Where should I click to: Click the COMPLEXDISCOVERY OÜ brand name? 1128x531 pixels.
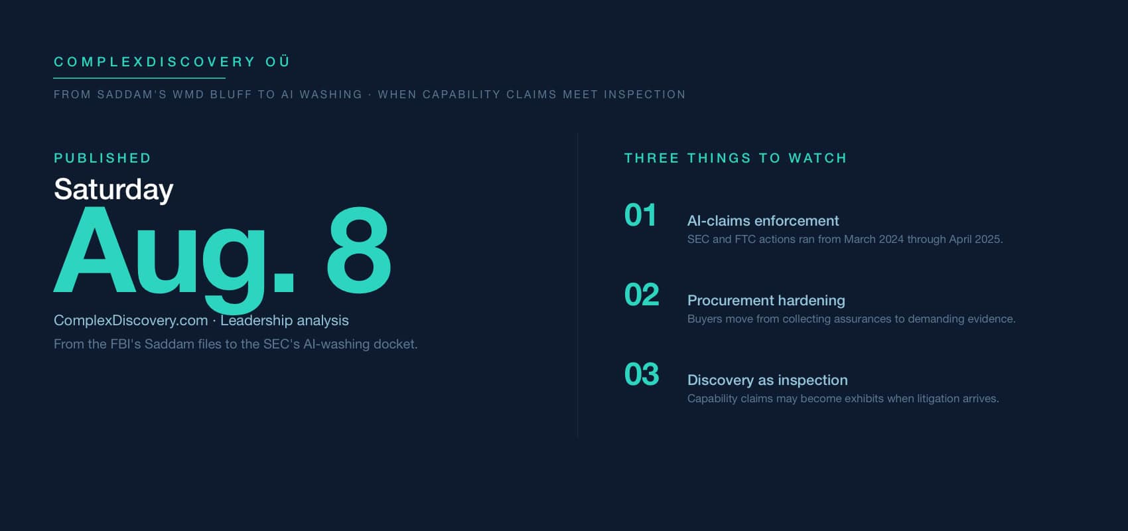(x=172, y=62)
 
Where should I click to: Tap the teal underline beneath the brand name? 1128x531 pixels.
(x=139, y=78)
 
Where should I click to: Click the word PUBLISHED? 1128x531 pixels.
(x=103, y=158)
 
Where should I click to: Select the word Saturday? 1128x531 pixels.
(x=113, y=189)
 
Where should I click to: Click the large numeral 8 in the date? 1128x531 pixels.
(x=359, y=250)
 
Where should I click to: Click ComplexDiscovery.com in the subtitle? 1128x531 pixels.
(x=131, y=321)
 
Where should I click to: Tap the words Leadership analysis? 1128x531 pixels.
(x=285, y=321)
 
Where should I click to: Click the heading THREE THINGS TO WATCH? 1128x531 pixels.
(x=736, y=158)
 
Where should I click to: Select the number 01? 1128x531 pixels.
(x=640, y=215)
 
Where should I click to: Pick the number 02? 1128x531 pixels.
(x=642, y=295)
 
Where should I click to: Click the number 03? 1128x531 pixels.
(x=642, y=374)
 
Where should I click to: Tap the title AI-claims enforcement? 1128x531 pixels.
(x=763, y=220)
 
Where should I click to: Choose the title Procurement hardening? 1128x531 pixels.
(x=766, y=300)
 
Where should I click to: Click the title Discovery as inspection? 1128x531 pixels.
(x=768, y=380)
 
